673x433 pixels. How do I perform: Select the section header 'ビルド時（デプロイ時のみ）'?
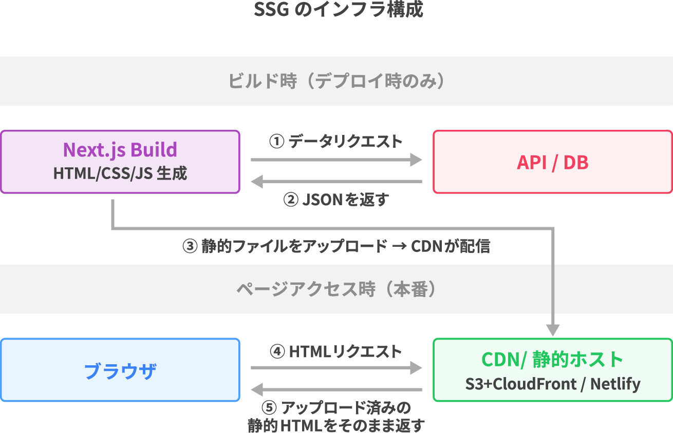pos(336,81)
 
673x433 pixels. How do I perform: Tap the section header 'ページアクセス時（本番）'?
pos(336,289)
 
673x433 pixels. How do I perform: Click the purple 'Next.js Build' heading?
pos(120,150)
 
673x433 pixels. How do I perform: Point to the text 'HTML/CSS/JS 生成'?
pos(120,173)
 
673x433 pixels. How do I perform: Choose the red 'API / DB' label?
pos(552,162)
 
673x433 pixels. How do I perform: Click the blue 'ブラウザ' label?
pos(120,371)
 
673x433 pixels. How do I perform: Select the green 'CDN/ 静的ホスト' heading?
pos(552,359)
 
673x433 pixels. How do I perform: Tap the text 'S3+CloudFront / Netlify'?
pos(552,384)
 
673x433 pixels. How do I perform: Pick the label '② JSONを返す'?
pos(336,200)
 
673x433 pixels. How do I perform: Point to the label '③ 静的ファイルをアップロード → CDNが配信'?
pos(336,247)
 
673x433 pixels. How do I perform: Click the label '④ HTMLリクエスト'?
pos(336,351)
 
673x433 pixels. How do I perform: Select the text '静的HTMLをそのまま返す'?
pos(336,425)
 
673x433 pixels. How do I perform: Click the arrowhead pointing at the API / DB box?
pos(416,160)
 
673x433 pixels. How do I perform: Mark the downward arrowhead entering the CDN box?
pos(553,329)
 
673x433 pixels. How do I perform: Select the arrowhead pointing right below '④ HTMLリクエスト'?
pos(416,367)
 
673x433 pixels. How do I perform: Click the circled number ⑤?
pos(269,408)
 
